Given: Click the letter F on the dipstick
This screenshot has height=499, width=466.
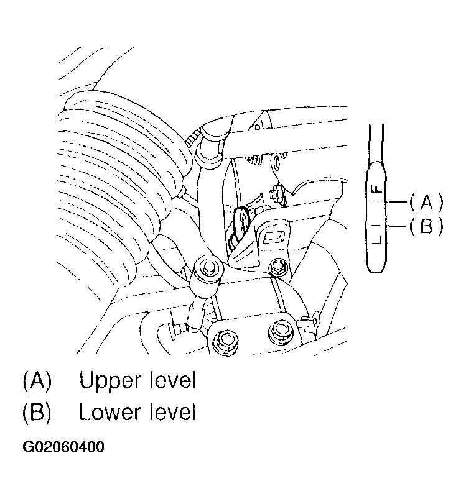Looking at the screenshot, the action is (377, 189).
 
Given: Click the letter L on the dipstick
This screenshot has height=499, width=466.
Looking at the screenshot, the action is (376, 240).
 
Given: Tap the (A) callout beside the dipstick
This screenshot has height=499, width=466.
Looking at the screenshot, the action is (426, 203).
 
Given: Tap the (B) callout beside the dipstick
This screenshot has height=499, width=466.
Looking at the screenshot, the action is (426, 226).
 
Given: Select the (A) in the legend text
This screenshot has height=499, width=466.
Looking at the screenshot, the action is (37, 381).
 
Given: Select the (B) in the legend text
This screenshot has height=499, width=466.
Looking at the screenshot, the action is (37, 413).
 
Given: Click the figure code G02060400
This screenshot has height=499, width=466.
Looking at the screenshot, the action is (63, 447).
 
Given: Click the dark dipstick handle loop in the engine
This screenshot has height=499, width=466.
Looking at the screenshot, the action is (242, 220).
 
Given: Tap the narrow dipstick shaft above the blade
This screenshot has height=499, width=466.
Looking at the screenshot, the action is (376, 143).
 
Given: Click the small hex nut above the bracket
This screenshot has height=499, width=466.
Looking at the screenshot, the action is (276, 194).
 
